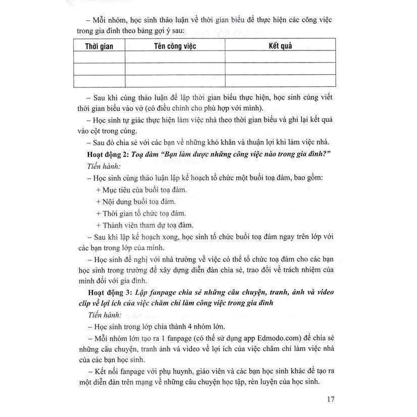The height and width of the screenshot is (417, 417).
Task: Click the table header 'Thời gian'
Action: (x=99, y=46)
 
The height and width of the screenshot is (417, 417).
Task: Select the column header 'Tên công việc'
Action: (x=174, y=46)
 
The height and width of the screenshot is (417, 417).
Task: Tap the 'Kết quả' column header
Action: (x=280, y=46)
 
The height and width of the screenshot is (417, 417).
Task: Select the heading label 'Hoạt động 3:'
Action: (x=108, y=292)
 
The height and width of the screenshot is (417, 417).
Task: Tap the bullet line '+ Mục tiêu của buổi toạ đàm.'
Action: (x=141, y=190)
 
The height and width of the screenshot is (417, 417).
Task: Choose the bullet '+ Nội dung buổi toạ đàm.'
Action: (x=135, y=201)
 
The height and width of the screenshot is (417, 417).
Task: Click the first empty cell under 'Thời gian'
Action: (x=99, y=58)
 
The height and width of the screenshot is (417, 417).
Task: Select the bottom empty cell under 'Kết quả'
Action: (x=280, y=81)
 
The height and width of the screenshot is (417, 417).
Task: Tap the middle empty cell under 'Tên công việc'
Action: (x=174, y=69)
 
